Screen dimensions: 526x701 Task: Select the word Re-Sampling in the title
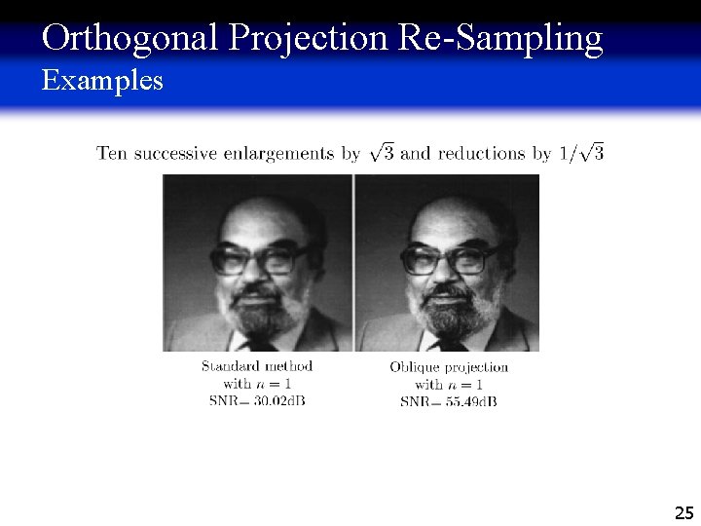pyautogui.click(x=499, y=38)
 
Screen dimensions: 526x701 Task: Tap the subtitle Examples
pyautogui.click(x=102, y=81)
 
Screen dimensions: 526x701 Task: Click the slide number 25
pyautogui.click(x=683, y=512)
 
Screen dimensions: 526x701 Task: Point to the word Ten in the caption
pyautogui.click(x=111, y=153)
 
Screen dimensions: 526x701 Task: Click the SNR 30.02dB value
pyautogui.click(x=257, y=400)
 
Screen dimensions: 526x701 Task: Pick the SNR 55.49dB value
pyautogui.click(x=449, y=401)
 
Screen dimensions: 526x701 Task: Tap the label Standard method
pyautogui.click(x=257, y=366)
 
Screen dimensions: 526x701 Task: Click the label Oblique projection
pyautogui.click(x=449, y=367)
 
